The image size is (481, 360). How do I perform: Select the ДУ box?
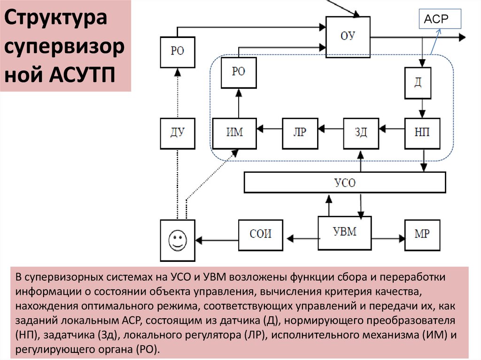coord(178,132)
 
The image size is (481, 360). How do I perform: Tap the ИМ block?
coord(234,132)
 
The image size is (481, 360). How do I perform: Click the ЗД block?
coord(360,132)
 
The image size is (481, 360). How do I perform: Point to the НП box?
coord(422,132)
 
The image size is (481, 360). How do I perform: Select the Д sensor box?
coord(418,82)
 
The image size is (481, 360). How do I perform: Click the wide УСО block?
coord(345,182)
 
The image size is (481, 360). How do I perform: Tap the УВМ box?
coord(344,233)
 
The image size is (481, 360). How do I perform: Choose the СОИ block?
coord(261,233)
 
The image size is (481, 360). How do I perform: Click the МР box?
coord(422,233)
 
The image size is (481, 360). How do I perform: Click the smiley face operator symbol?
coord(177,239)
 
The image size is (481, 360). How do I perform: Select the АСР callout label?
coord(437,19)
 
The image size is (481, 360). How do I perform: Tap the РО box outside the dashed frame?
coord(177,52)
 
